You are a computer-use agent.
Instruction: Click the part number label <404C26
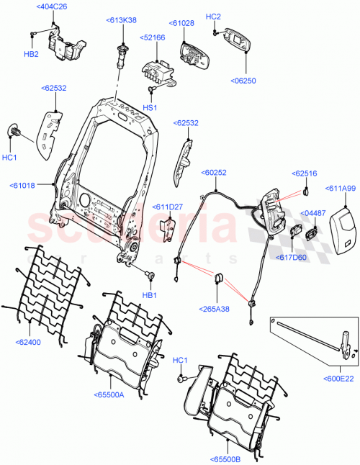pyautogui.click(x=53, y=7)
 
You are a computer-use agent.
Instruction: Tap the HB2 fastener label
pyautogui.click(x=31, y=54)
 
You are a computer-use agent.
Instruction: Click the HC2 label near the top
pyautogui.click(x=214, y=16)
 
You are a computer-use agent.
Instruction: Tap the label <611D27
pyautogui.click(x=168, y=207)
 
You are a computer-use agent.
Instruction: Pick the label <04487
pyautogui.click(x=314, y=214)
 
